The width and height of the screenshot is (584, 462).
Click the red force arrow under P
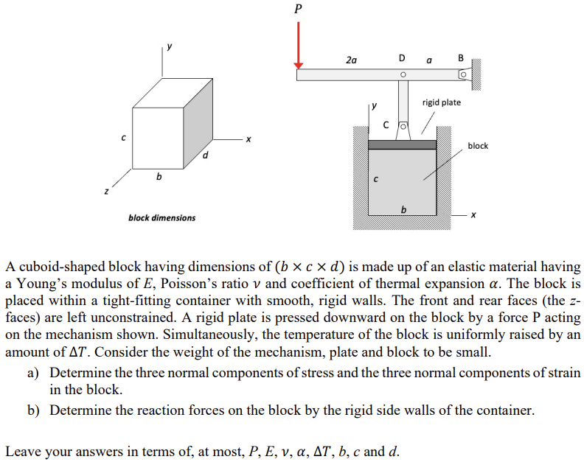pos(299,44)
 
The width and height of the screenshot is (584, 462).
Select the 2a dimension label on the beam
pos(351,59)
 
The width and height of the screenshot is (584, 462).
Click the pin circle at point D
pos(403,74)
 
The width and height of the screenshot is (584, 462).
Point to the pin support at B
pos(463,75)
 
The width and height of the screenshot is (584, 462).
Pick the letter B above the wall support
pos(462,57)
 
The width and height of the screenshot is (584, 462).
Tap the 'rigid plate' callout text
pos(441,102)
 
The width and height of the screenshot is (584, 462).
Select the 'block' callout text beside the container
pos(478,146)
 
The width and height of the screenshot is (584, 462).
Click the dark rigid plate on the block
pos(403,144)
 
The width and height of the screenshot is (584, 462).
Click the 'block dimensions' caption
pos(162,217)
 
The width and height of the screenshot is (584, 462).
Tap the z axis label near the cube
pos(105,192)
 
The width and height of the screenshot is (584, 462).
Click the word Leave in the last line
pos(24,451)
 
